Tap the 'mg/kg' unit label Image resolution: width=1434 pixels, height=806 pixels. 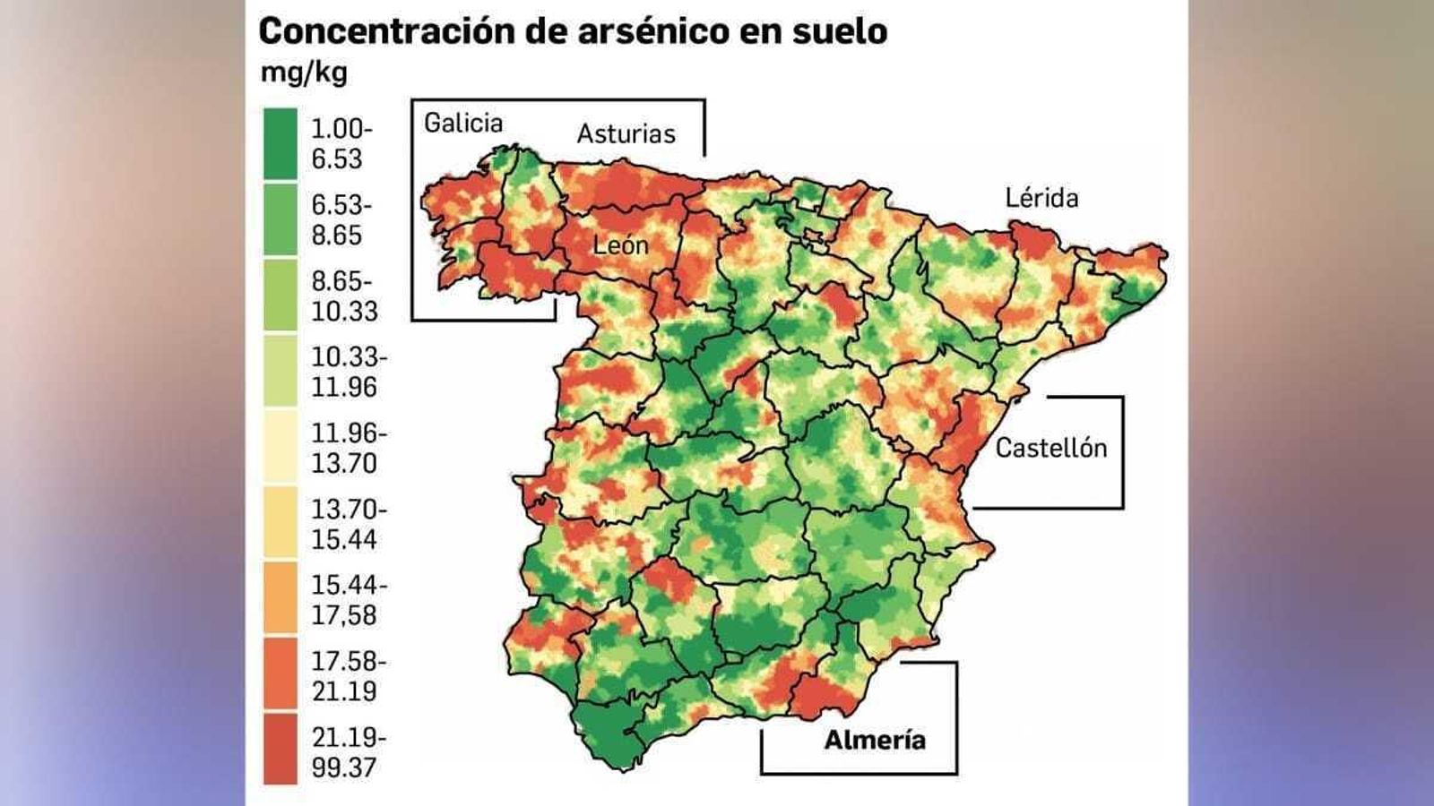pos(303,72)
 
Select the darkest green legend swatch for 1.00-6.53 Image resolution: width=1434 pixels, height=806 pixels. pos(281,143)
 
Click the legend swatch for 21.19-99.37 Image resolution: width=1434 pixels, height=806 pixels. pos(281,749)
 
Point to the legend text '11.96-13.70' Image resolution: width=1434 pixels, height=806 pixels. pos(349,448)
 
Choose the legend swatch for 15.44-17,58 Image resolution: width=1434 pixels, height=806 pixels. pos(281,597)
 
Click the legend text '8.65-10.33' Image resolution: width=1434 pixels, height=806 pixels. pos(344,296)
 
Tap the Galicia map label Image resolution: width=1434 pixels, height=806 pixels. pos(463,123)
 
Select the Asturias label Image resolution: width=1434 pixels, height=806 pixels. pos(626,134)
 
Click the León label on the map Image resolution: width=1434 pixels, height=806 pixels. pos(620,245)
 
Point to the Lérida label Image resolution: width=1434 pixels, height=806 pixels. pos(1041,198)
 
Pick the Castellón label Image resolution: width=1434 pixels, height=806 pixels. pos(1051,448)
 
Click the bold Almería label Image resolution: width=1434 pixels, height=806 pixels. pos(875,740)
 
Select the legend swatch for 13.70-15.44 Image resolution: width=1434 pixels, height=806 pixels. pos(281,522)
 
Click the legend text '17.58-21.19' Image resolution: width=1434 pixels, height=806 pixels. pos(349,676)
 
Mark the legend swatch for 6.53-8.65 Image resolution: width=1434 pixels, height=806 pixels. pos(281,219)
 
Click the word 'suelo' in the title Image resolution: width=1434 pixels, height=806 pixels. pos(839,31)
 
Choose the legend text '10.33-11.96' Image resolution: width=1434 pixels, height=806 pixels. pos(349,372)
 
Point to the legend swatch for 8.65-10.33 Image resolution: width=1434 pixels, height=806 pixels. pos(281,295)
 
